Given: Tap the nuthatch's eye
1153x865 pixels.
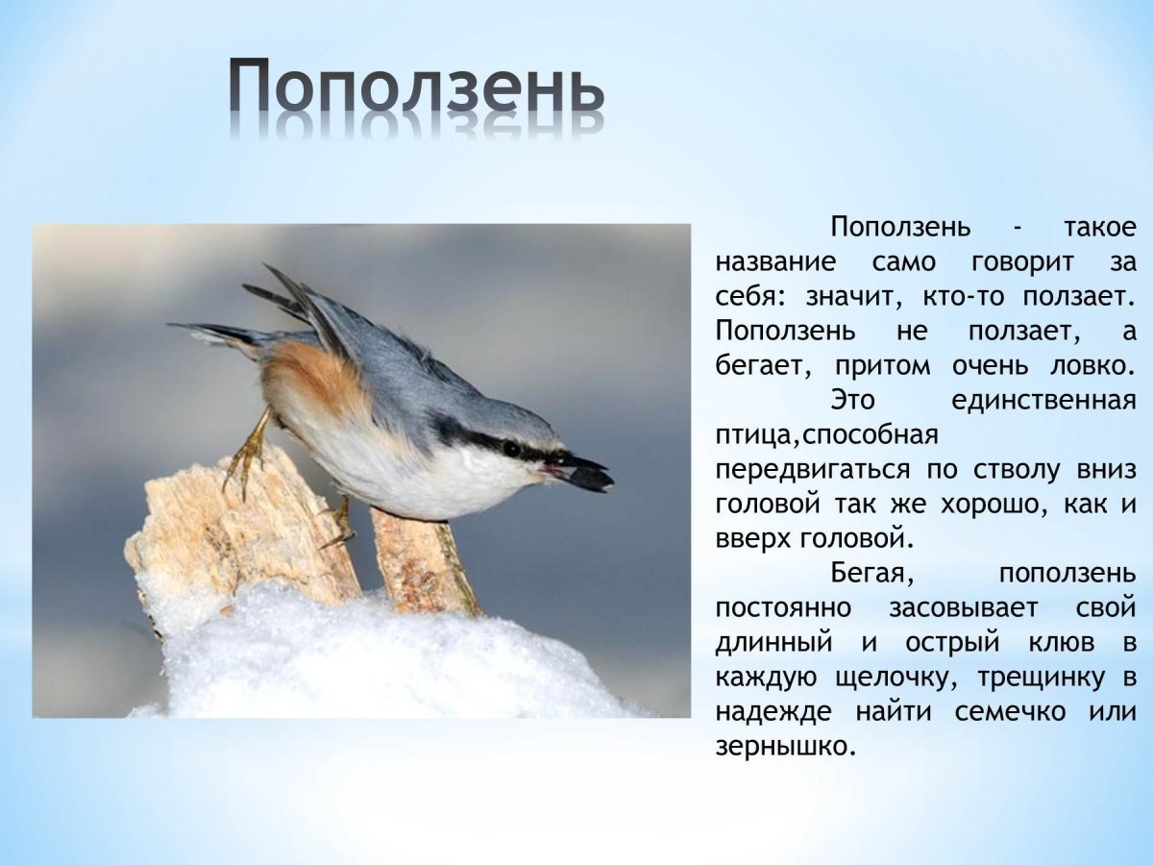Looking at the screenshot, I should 511,448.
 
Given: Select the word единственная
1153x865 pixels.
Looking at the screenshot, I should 1043,400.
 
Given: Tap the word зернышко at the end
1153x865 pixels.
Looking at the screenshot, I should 784,746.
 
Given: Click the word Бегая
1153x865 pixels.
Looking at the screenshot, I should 871,574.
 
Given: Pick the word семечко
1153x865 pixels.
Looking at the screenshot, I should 1010,711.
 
